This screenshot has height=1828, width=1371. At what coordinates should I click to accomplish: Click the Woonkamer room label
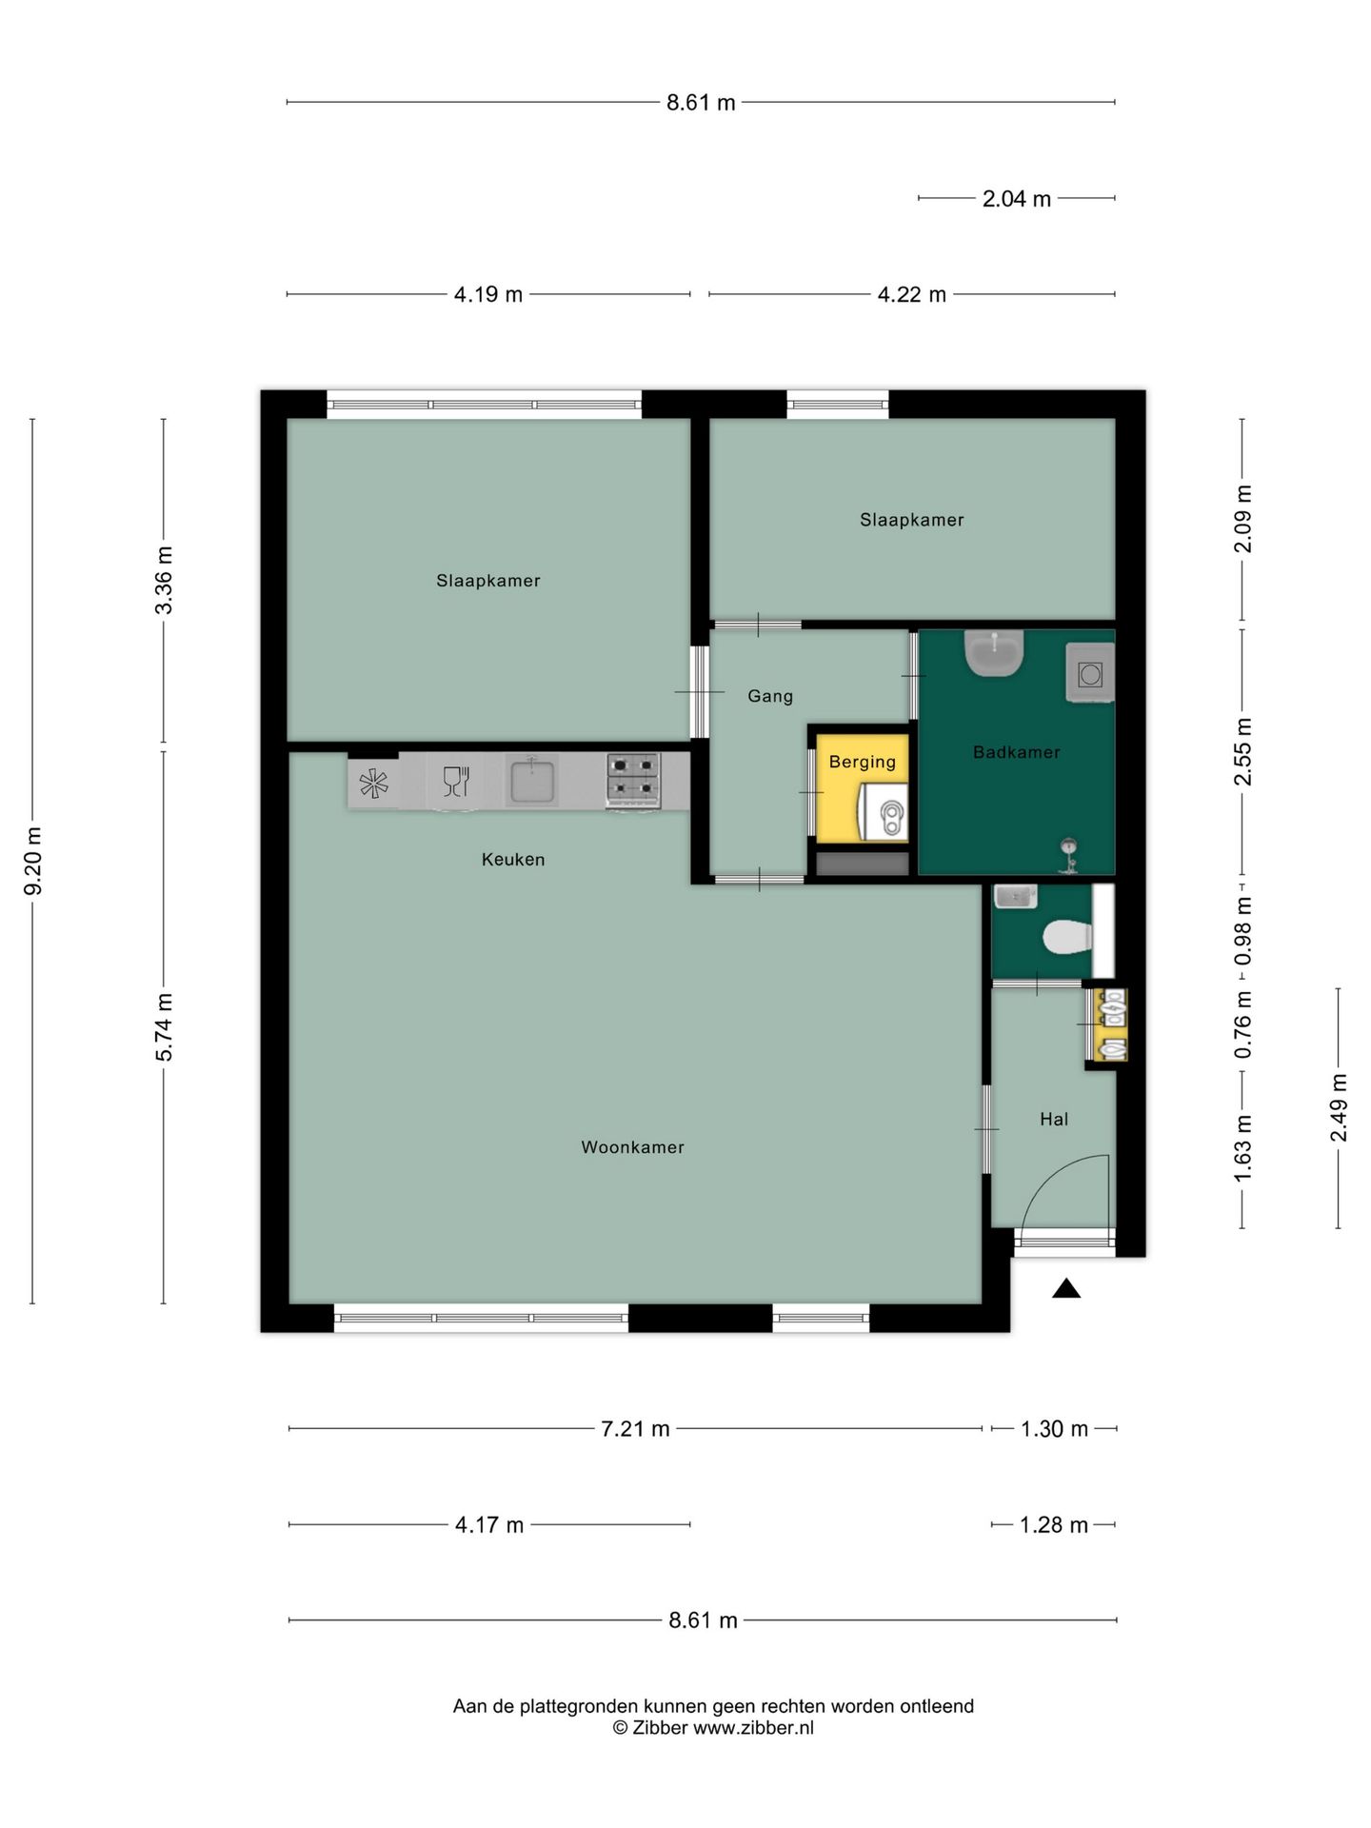(632, 1147)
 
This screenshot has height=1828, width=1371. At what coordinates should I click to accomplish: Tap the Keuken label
(513, 859)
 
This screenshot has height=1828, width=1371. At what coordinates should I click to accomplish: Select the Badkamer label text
(1016, 752)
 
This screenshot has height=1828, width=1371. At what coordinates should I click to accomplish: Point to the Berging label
(863, 762)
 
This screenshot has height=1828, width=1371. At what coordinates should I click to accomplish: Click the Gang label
(770, 696)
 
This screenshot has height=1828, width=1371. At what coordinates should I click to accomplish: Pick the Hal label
(1054, 1119)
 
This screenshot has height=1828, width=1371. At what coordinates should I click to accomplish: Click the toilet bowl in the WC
(1067, 937)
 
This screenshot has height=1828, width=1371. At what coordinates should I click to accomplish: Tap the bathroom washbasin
(994, 653)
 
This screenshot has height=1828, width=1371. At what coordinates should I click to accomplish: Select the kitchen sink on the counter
(532, 781)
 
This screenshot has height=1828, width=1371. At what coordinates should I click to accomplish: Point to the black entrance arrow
(1066, 1288)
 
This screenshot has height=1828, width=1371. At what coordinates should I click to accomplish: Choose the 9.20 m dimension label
(33, 861)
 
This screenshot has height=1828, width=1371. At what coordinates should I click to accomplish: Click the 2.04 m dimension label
(1017, 199)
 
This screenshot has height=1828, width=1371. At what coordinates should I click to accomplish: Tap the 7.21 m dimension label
(635, 1429)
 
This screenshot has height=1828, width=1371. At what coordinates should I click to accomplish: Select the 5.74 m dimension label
(164, 1026)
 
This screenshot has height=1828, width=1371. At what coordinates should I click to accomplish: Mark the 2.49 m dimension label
(1339, 1107)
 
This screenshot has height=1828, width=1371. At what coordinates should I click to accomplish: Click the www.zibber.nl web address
(753, 1728)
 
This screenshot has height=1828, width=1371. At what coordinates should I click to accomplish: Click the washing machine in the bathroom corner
(1090, 673)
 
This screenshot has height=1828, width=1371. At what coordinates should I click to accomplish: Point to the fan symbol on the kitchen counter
(373, 783)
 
